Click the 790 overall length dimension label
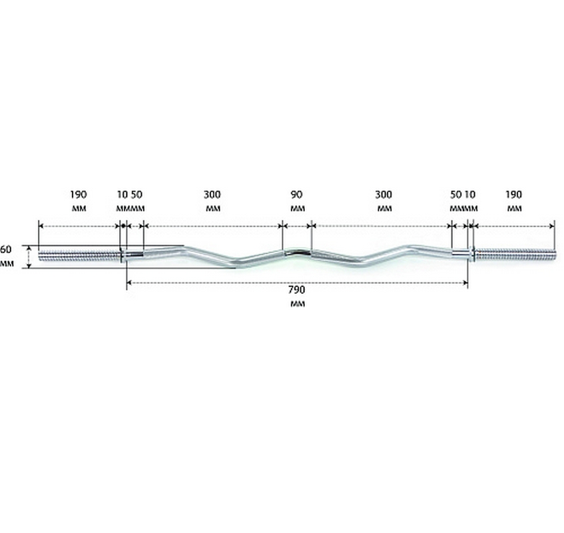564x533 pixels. click(x=296, y=289)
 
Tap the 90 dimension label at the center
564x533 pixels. click(x=296, y=195)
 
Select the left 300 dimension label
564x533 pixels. click(x=212, y=195)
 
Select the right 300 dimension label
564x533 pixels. click(x=384, y=195)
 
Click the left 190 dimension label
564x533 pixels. click(x=78, y=195)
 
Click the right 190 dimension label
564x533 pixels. click(x=513, y=195)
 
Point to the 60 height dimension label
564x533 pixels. click(x=6, y=249)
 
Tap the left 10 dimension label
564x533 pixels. click(x=123, y=195)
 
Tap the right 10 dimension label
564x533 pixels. click(x=469, y=195)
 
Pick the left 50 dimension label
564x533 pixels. click(x=137, y=195)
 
